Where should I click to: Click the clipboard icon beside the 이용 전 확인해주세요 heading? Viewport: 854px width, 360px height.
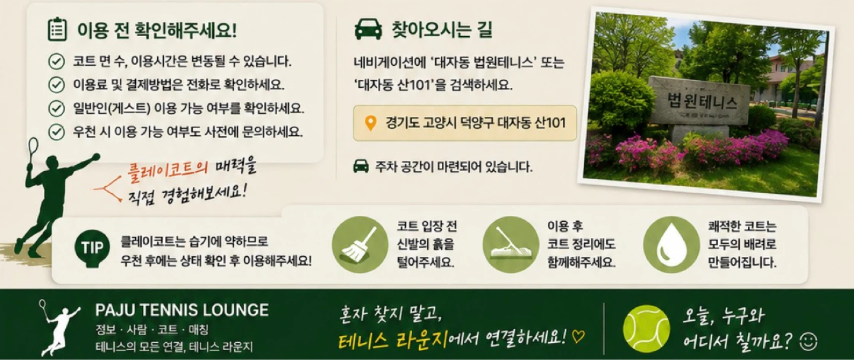point(57,29)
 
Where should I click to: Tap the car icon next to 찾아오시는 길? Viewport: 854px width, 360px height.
point(368,30)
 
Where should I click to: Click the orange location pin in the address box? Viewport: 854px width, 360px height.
point(371,123)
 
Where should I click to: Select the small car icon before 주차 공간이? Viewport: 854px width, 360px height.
point(361,166)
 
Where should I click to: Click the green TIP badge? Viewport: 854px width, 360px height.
point(92,248)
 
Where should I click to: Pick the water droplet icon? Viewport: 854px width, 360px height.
point(672,244)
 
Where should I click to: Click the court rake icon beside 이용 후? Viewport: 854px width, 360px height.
point(511,244)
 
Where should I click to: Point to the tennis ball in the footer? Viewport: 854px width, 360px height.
point(646,328)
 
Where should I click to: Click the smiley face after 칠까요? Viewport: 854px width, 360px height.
point(808,342)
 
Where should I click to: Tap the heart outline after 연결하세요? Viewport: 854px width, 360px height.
point(578,337)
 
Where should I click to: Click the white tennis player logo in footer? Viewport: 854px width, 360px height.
point(59,327)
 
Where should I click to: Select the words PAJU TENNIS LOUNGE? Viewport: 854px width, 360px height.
point(182,310)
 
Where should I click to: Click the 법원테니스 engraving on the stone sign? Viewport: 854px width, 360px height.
point(702,101)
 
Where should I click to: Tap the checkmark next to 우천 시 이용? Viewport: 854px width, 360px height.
point(56,132)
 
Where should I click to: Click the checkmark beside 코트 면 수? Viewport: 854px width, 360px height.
point(56,62)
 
